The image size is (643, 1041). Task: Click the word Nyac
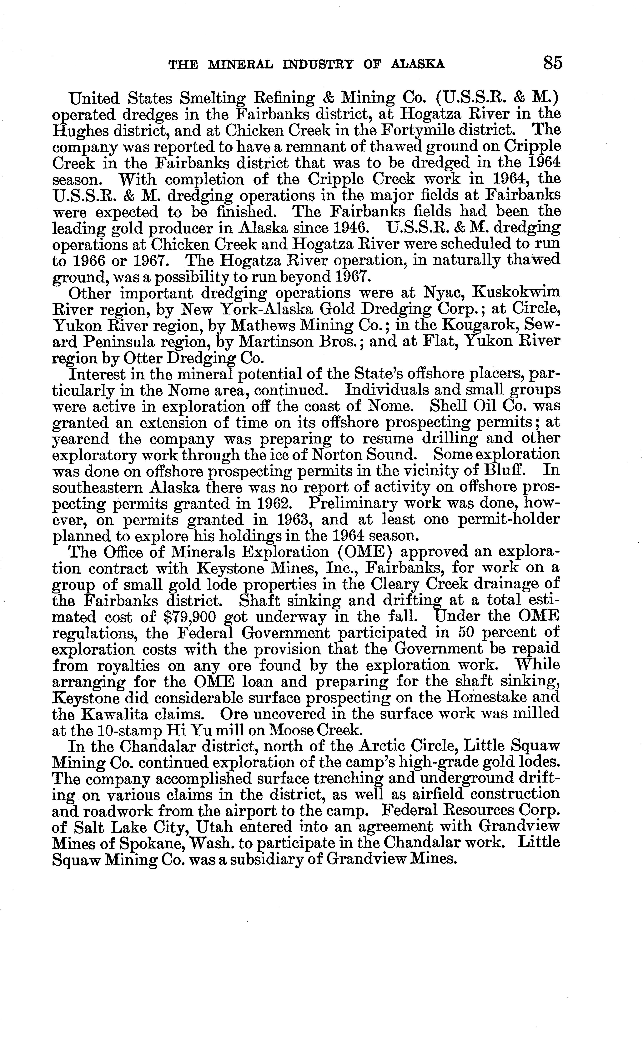point(444,293)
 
